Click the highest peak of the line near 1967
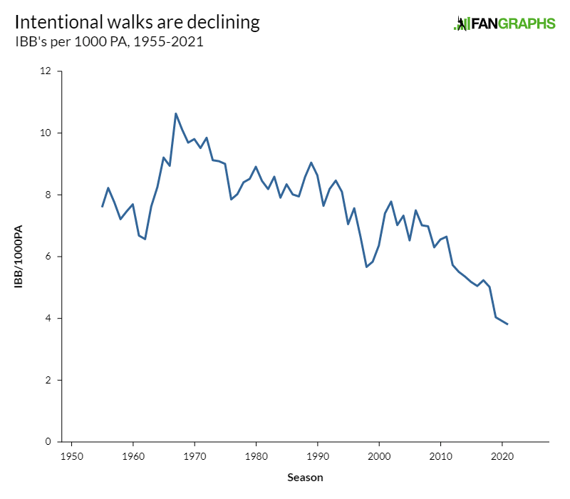[x=176, y=113]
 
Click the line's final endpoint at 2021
[x=507, y=324]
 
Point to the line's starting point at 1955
[x=103, y=207]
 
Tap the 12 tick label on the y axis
[x=46, y=71]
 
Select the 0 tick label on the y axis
[x=49, y=442]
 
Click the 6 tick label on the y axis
[x=49, y=257]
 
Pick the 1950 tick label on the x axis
[x=71, y=455]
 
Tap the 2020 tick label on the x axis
[x=502, y=455]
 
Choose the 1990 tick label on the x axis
[x=317, y=455]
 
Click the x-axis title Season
[x=306, y=477]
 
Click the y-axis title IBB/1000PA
[x=19, y=257]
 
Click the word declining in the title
[x=224, y=23]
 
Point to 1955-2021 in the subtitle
[x=170, y=43]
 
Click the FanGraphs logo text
[x=512, y=24]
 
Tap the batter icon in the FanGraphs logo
[x=461, y=24]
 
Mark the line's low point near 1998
[x=366, y=267]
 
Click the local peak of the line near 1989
[x=311, y=163]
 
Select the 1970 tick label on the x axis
[x=194, y=455]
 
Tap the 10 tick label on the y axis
[x=46, y=133]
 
